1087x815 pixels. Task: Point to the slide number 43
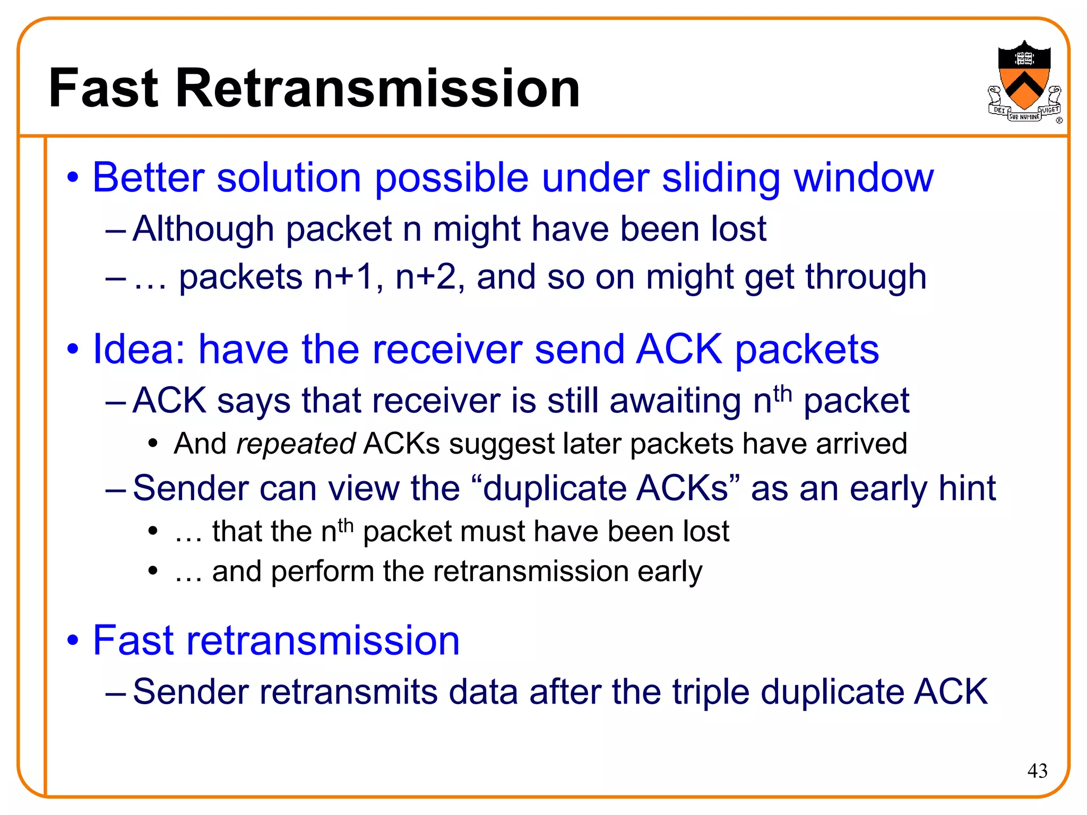(x=1037, y=770)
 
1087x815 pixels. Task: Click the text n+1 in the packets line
(x=344, y=278)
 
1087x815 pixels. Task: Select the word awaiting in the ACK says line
(x=675, y=401)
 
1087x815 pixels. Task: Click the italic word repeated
(x=295, y=444)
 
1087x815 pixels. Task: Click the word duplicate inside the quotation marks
(x=553, y=488)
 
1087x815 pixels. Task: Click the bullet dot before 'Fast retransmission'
(x=73, y=640)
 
